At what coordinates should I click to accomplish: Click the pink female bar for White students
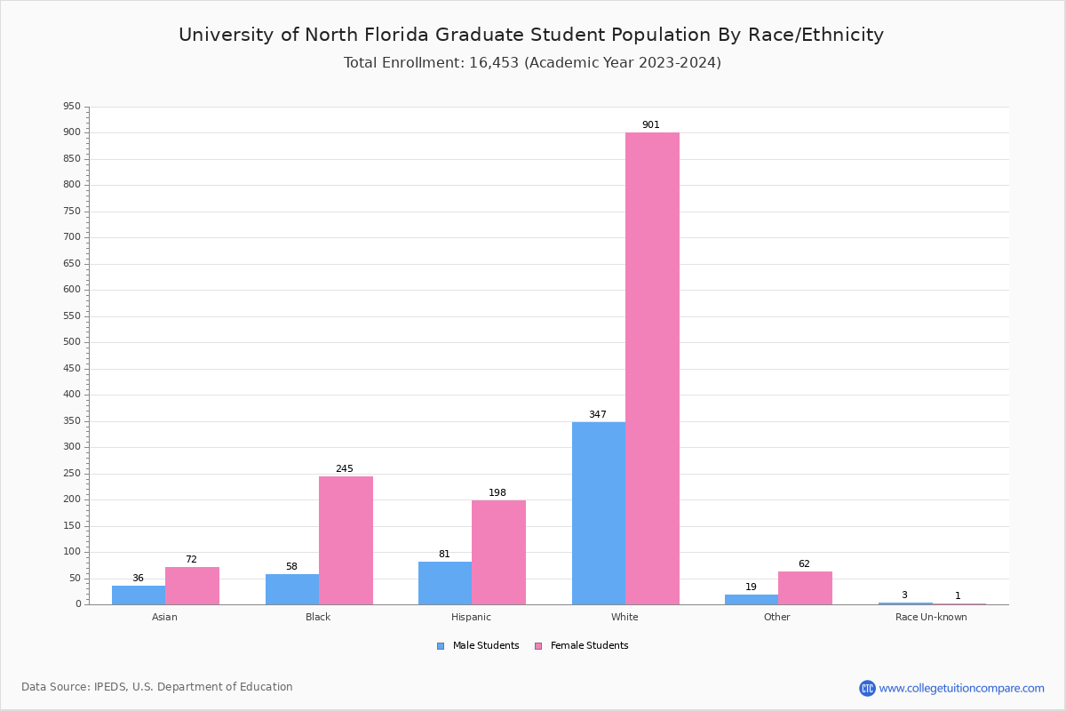click(652, 368)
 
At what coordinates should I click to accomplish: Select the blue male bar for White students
click(599, 513)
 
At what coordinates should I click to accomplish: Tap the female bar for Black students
click(346, 539)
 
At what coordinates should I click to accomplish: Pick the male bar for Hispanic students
click(445, 582)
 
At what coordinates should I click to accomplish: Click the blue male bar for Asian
click(139, 595)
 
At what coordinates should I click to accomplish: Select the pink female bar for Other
click(805, 587)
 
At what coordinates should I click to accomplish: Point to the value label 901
click(651, 125)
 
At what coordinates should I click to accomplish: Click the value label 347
click(598, 415)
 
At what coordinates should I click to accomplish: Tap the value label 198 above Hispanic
click(497, 493)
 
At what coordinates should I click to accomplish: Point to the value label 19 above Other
click(751, 587)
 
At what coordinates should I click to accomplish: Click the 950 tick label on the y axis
click(71, 107)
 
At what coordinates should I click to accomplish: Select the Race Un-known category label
click(931, 618)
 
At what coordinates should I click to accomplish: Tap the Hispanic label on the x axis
click(471, 618)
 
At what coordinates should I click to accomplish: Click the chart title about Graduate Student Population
click(531, 36)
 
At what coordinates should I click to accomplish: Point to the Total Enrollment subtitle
click(532, 63)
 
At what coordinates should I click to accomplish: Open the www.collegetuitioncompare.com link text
click(961, 689)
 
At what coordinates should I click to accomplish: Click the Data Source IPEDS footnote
click(157, 687)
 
